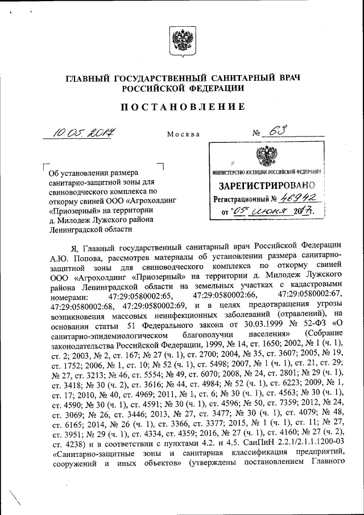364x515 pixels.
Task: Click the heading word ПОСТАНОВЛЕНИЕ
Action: (x=181, y=106)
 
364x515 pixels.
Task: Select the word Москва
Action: (x=183, y=134)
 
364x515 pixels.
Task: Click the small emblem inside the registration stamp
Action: (x=263, y=155)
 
